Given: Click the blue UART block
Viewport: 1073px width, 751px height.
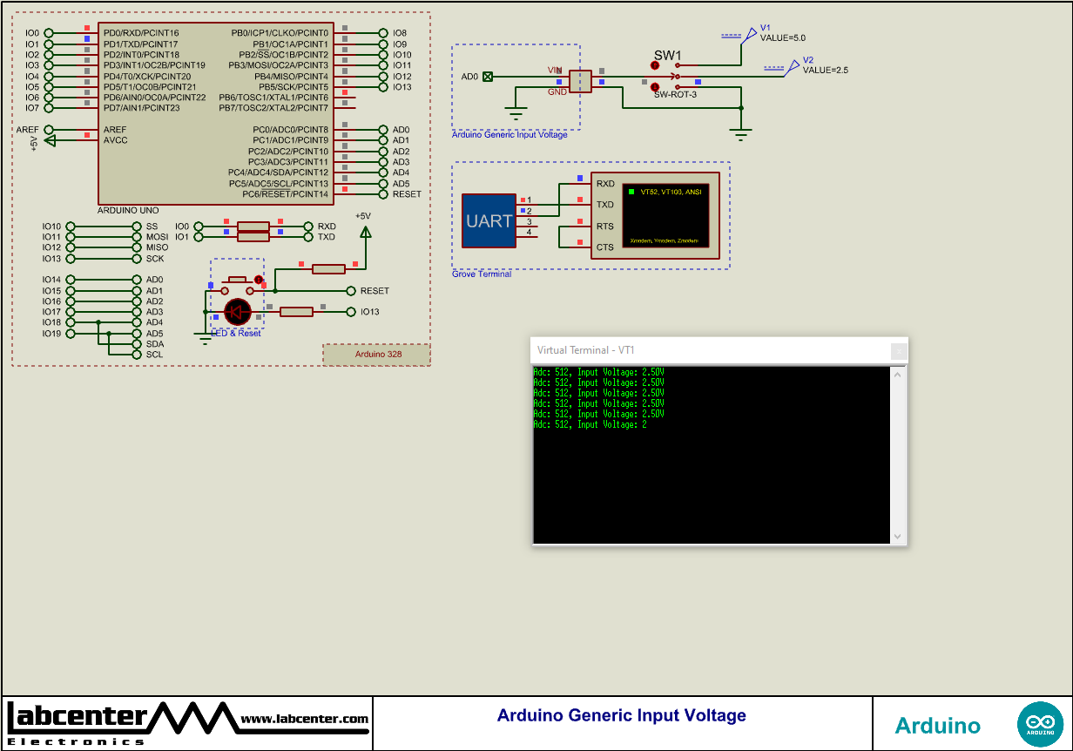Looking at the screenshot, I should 489,220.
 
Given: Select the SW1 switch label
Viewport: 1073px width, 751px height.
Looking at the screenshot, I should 667,56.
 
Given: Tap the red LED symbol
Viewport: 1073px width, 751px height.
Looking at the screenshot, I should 237,312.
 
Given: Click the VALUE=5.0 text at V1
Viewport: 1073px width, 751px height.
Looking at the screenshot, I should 783,38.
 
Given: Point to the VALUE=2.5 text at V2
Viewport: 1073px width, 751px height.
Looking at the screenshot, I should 825,70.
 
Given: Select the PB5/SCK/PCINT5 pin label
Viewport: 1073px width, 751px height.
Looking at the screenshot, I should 293,87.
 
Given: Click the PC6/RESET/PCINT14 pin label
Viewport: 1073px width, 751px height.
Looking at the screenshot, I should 285,194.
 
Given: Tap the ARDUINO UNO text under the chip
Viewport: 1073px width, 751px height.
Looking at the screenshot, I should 128,211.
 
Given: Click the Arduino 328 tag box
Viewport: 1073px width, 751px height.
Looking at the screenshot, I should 376,355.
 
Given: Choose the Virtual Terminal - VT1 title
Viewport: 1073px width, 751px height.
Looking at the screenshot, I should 585,350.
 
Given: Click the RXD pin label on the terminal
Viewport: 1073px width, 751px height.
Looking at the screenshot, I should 604,184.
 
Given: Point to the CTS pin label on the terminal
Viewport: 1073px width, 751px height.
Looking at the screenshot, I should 604,247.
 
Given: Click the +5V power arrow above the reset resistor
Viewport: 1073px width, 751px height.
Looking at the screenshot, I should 365,232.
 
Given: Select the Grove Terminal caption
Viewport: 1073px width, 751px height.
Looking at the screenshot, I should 482,274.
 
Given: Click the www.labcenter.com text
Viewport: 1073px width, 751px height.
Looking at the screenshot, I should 304,719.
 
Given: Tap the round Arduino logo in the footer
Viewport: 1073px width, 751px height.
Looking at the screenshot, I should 1039,724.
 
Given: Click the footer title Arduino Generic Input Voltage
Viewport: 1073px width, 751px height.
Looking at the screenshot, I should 621,715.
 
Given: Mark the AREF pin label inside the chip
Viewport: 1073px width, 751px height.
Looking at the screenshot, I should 115,130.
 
